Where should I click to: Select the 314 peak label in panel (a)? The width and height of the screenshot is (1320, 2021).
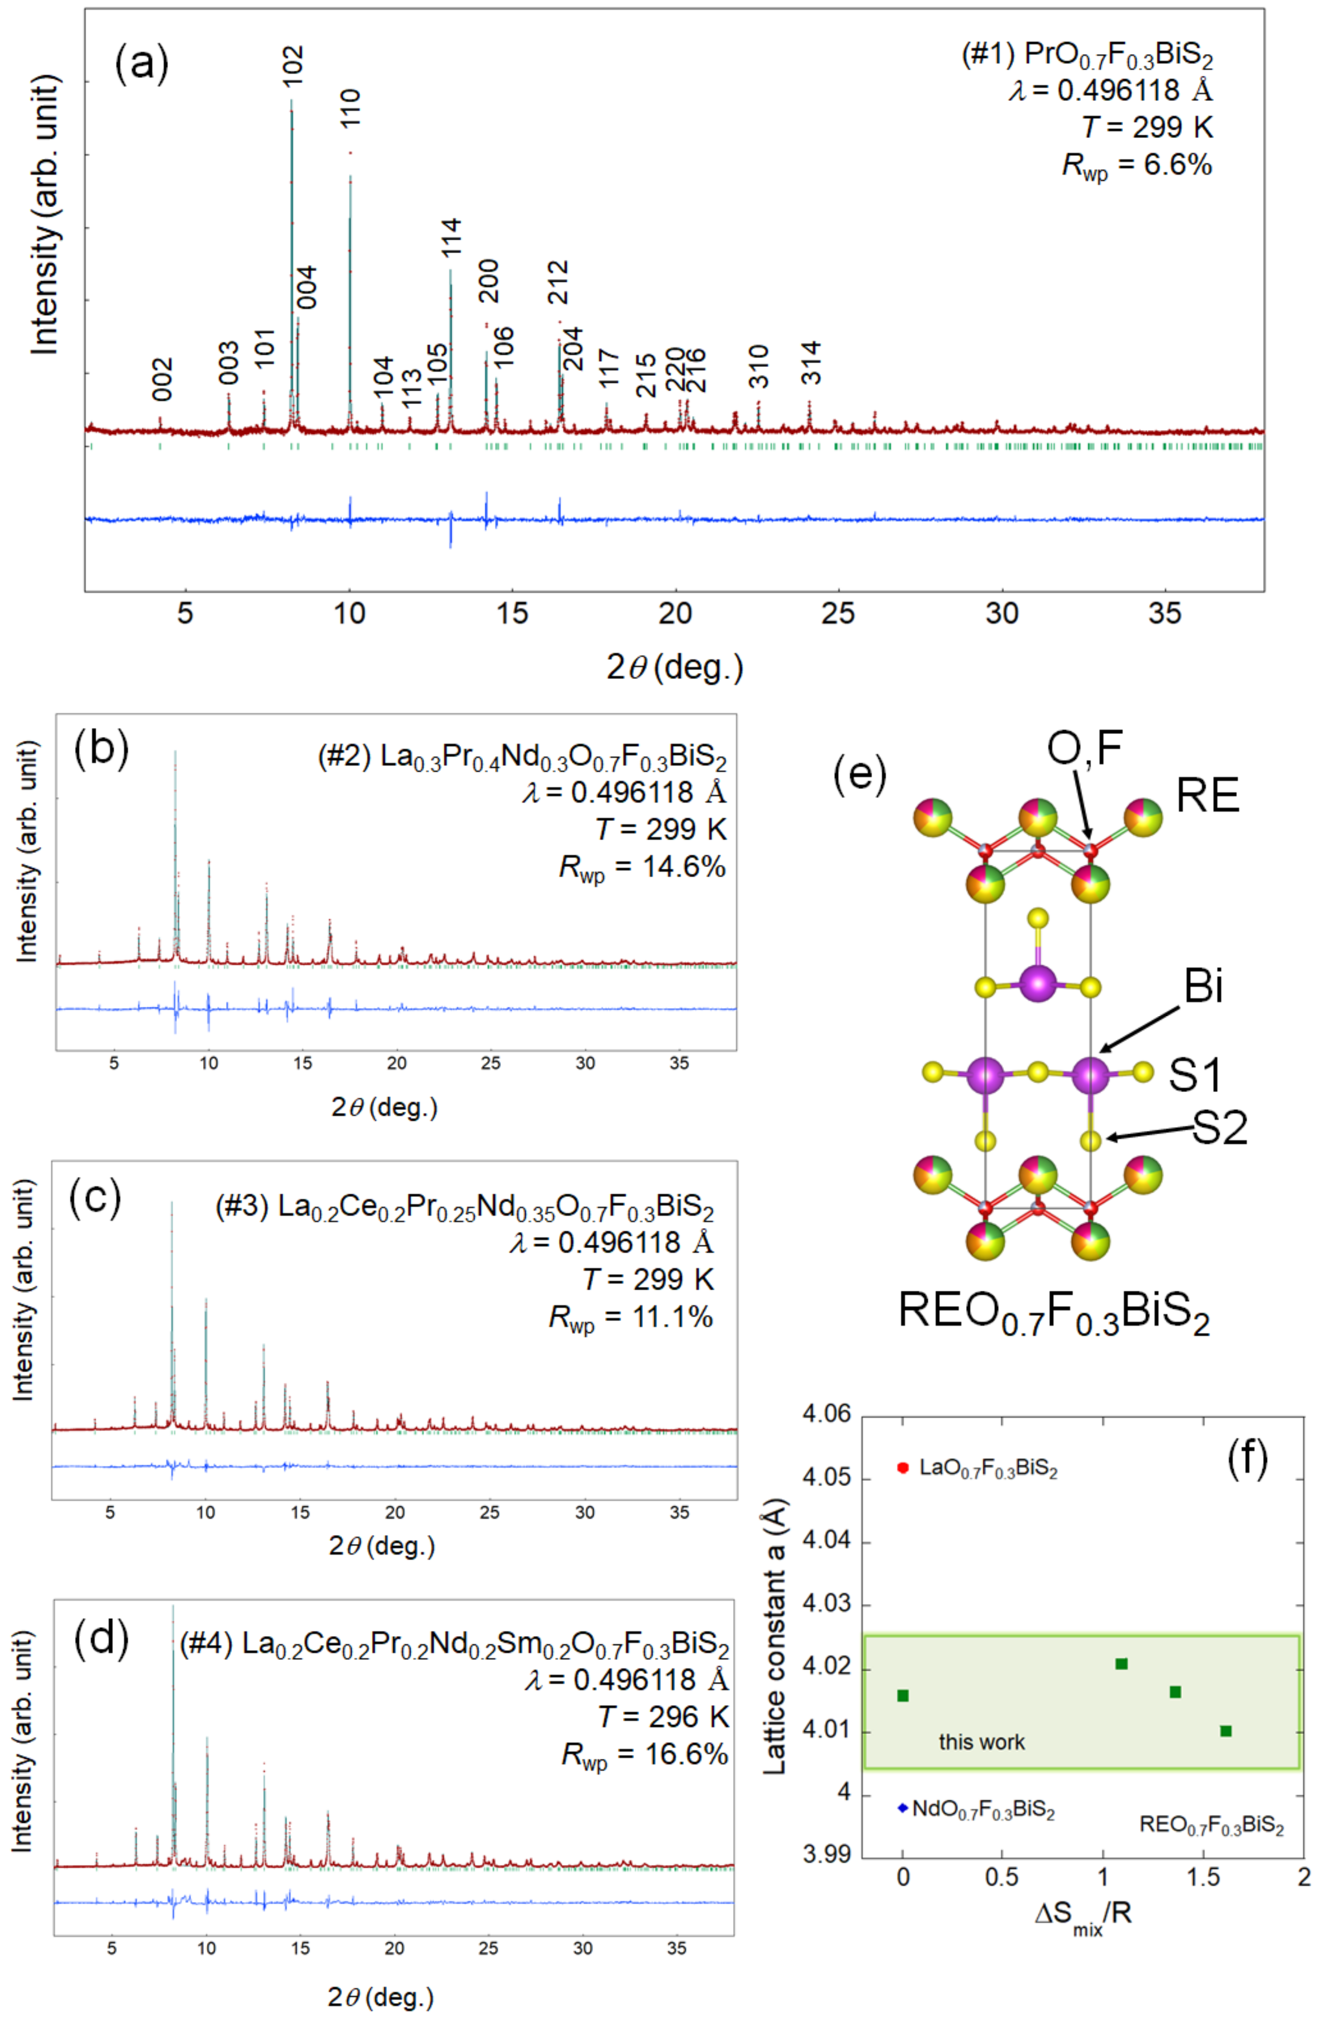coord(811,363)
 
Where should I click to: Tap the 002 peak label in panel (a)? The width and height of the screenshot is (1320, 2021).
coord(162,379)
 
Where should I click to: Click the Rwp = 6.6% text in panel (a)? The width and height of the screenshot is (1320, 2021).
coord(1137,165)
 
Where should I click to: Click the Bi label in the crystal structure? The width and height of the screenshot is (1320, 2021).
coord(1203,987)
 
